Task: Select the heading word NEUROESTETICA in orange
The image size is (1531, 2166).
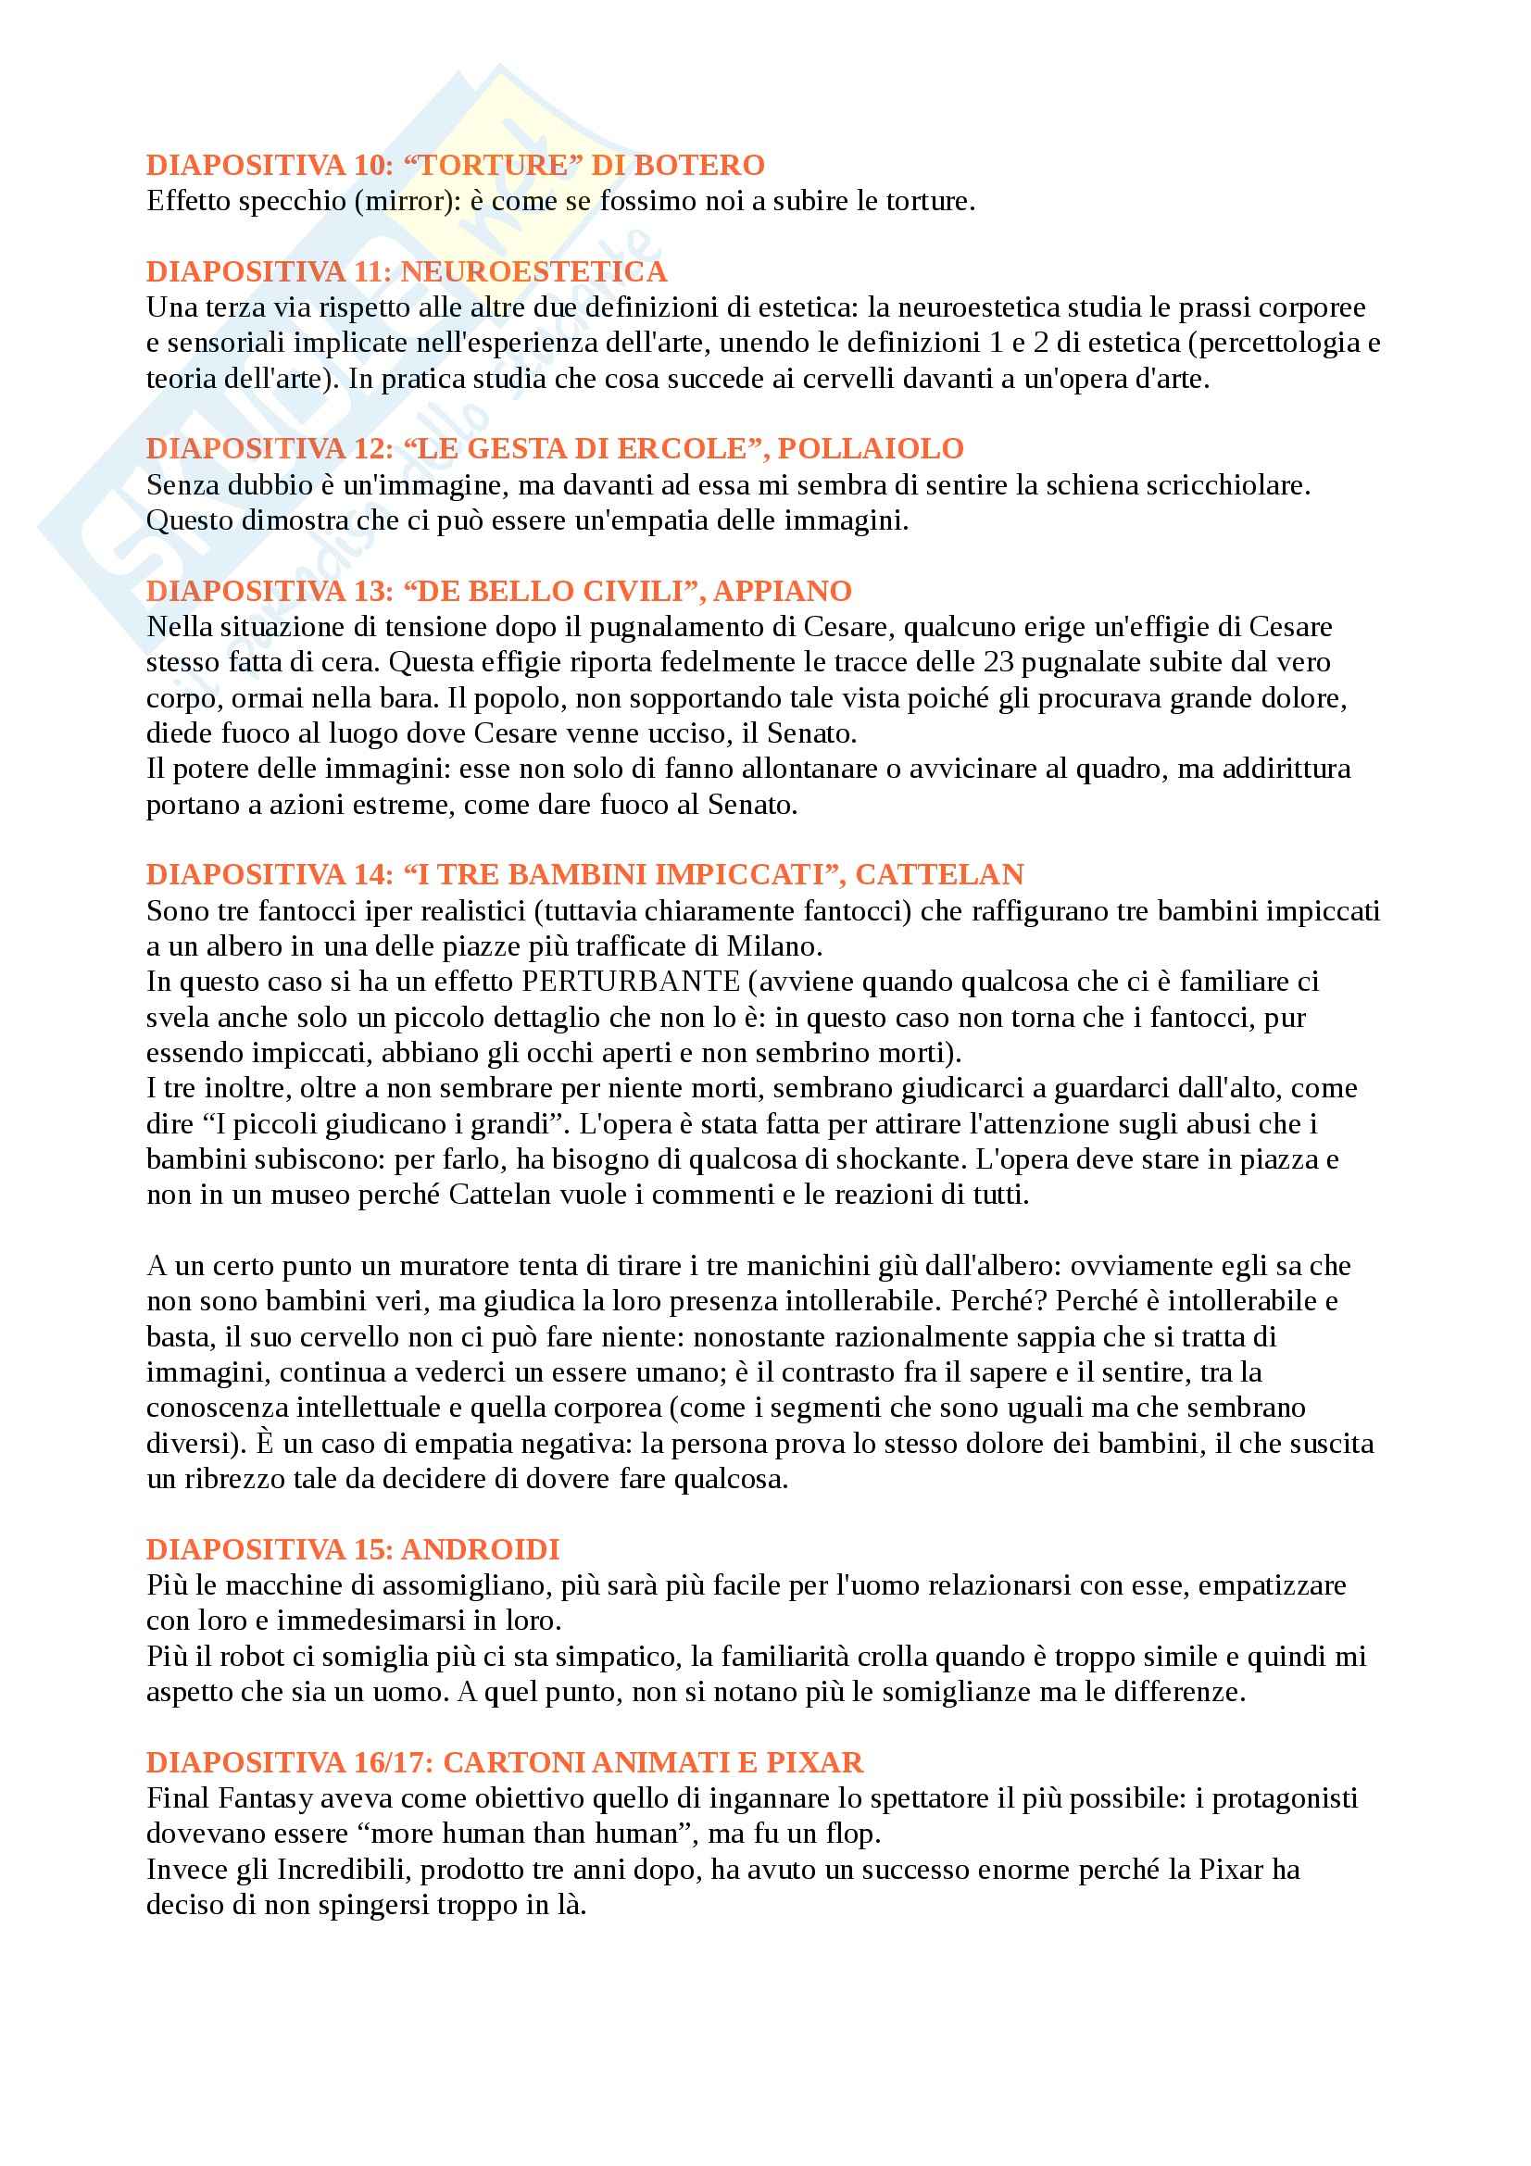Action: pyautogui.click(x=533, y=271)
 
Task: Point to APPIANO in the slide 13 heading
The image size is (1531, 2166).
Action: pyautogui.click(x=782, y=591)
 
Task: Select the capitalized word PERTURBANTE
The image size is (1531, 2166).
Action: pyautogui.click(x=630, y=982)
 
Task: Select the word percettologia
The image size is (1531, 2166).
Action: pyautogui.click(x=1284, y=343)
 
